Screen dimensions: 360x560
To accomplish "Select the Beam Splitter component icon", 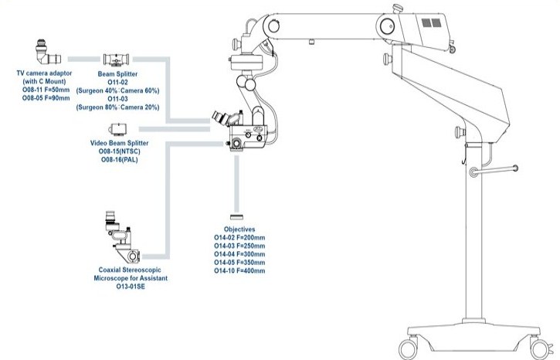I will pos(116,59).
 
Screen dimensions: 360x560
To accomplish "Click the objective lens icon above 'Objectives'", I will pos(239,219).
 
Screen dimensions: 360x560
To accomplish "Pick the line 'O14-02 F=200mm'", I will pos(239,238).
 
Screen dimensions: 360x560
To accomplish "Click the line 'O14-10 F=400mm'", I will pos(239,271).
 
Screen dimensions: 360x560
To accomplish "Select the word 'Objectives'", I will pos(239,229).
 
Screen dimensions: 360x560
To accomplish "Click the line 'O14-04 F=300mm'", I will pos(239,254).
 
